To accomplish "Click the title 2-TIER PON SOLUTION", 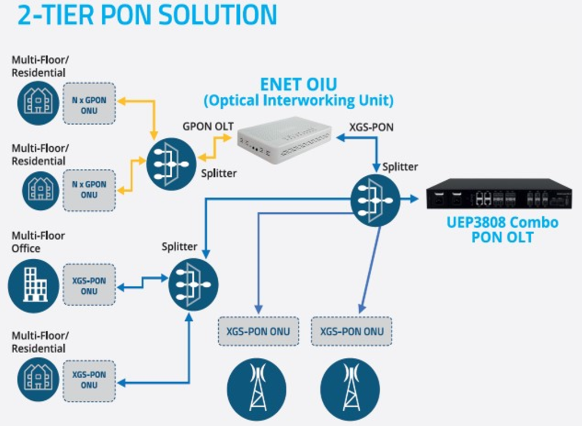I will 147,15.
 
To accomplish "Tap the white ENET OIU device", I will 284,139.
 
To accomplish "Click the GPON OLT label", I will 208,126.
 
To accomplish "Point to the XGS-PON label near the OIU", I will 371,127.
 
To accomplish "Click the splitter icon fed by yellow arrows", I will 171,163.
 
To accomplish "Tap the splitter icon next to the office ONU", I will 193,284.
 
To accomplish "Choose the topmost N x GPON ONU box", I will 89,104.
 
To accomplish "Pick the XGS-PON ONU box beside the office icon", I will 89,286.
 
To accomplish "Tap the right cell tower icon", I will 350,389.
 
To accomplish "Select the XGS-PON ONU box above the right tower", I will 351,332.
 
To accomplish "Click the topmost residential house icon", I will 38,102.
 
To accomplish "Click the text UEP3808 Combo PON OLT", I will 502,229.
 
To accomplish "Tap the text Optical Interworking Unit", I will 298,101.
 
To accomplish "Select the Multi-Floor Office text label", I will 38,242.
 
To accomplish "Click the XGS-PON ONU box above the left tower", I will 258,332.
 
